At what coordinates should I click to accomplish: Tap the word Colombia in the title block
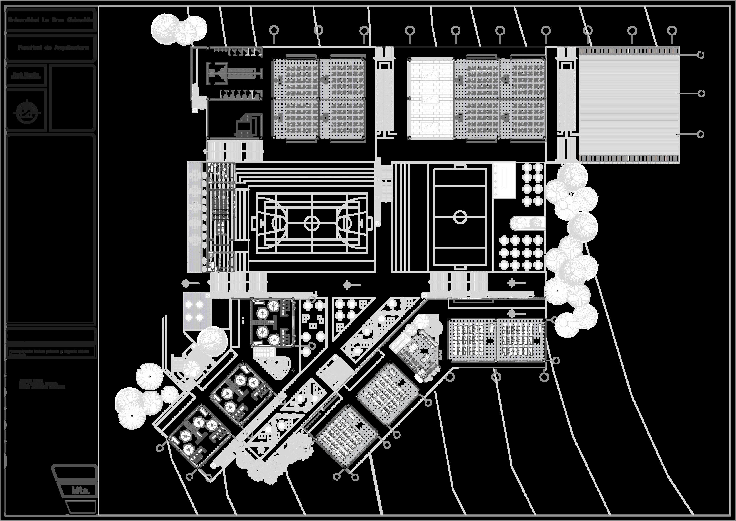80,20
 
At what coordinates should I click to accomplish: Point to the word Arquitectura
71,48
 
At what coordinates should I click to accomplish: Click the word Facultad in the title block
30,48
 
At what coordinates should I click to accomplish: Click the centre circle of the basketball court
312,223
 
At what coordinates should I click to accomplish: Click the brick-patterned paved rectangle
430,98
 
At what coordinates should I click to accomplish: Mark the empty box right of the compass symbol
73,98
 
